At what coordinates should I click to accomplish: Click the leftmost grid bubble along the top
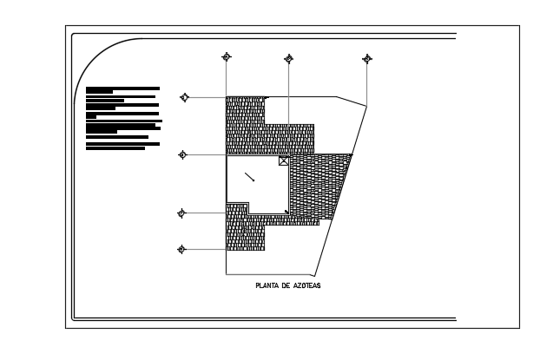(x=227, y=57)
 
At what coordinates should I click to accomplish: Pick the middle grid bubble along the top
(x=288, y=59)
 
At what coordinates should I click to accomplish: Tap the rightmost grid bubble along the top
(x=367, y=59)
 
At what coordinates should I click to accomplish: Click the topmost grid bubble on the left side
(x=184, y=97)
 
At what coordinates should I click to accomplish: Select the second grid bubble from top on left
(x=182, y=154)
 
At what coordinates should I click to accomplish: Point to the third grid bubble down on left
(x=181, y=213)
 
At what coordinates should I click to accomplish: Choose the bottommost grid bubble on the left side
(x=181, y=250)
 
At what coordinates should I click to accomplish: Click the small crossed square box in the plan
(x=284, y=160)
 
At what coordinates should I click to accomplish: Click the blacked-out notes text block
(x=122, y=117)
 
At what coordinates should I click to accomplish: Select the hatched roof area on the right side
(x=317, y=187)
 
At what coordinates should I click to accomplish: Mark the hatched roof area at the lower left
(x=245, y=230)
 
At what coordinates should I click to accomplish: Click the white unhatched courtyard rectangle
(x=256, y=187)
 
